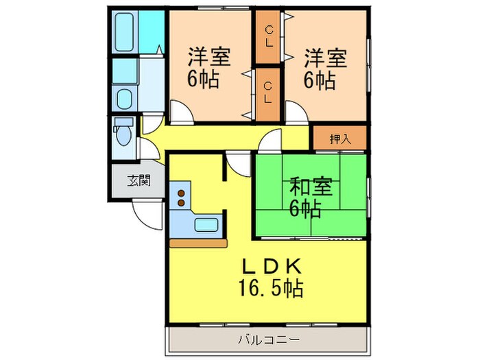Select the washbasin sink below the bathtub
(125, 98)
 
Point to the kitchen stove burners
(181, 197)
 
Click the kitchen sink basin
(207, 224)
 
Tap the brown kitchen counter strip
(197, 242)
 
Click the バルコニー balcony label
(269, 338)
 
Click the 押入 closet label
(339, 139)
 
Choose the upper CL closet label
(270, 37)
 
